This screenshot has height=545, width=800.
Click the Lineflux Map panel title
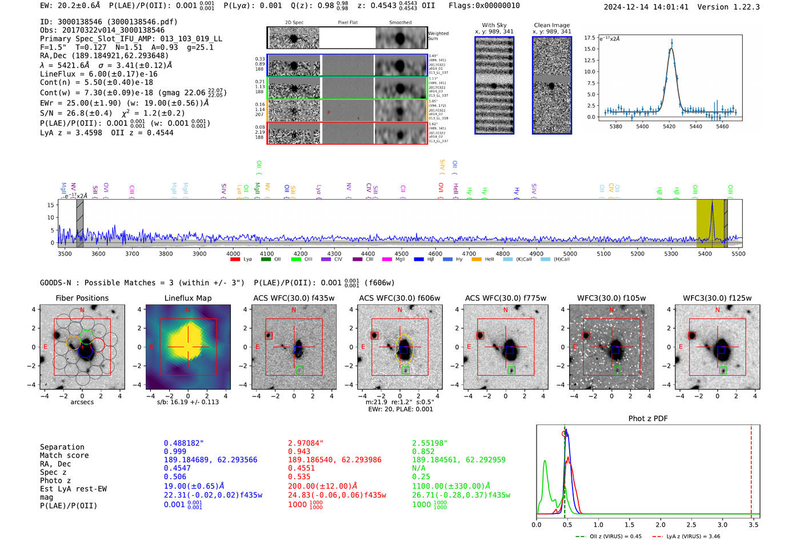coord(187,298)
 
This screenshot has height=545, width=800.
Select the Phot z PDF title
coord(647,419)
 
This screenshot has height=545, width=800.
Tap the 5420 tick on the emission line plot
coord(669,126)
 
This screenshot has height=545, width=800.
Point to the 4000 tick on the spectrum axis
coord(233,253)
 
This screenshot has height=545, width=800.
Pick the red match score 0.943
coord(299,452)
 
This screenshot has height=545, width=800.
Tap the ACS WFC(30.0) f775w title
coord(505,298)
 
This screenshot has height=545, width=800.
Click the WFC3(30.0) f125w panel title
coord(717,298)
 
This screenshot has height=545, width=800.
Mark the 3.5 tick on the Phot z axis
coord(754,524)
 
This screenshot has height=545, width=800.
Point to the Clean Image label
coord(551,25)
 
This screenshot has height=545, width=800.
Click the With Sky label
coord(494,25)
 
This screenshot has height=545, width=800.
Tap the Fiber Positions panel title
coord(82,298)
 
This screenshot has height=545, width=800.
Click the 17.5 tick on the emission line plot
coord(589,38)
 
